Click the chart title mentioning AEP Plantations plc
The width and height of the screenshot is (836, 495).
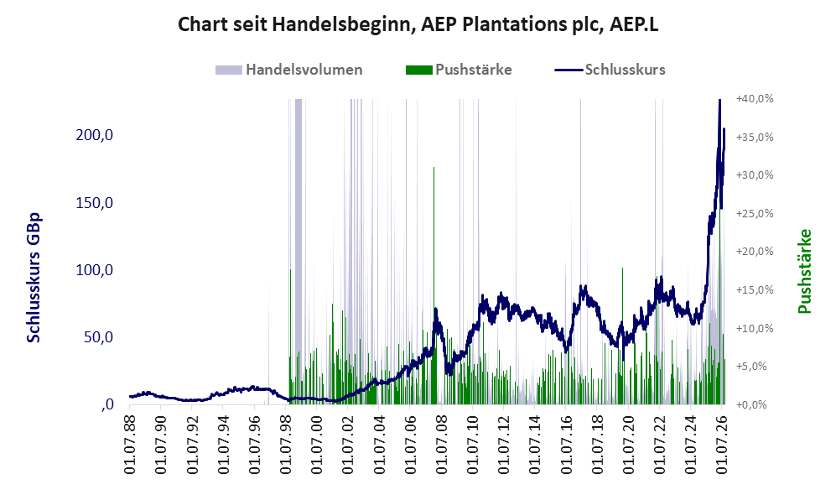click(418, 24)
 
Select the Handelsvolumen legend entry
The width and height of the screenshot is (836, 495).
click(289, 70)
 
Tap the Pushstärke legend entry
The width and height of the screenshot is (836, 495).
click(459, 70)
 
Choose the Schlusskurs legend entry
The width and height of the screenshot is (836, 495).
click(610, 70)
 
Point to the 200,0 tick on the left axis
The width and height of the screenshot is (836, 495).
click(95, 135)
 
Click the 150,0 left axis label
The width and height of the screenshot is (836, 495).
click(95, 203)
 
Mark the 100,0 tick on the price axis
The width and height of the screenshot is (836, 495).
click(95, 270)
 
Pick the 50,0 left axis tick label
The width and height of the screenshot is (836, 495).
click(99, 337)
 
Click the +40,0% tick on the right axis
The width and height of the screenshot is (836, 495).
click(755, 99)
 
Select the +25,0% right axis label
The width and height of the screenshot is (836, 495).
click(755, 213)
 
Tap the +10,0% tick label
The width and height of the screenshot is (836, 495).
click(755, 328)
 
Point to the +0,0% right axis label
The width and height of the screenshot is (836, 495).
click(752, 404)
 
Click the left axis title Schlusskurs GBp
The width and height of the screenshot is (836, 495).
click(34, 278)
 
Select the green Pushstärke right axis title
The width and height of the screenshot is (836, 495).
click(804, 271)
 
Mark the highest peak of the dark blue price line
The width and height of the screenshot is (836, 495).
click(719, 100)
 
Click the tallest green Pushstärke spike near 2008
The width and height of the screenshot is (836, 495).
click(434, 285)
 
